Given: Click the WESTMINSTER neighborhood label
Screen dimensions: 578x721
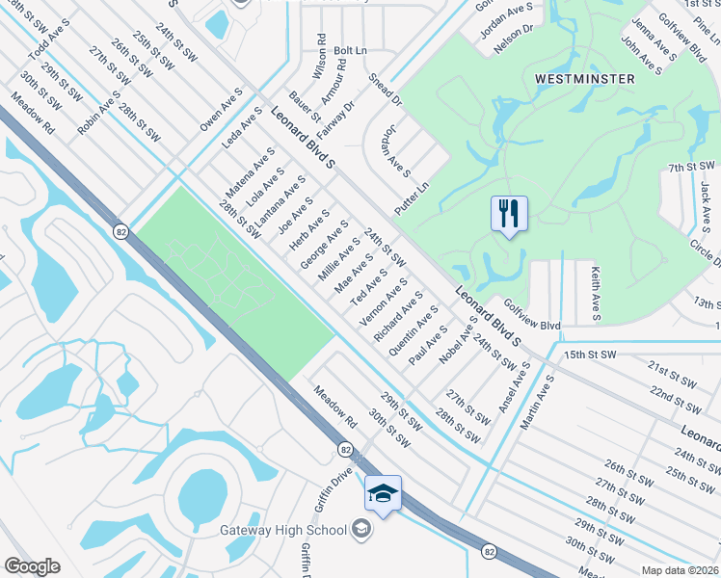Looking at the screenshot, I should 585,78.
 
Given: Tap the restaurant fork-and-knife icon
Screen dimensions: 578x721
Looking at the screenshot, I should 509,213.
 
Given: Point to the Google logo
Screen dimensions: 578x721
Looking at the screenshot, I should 32,566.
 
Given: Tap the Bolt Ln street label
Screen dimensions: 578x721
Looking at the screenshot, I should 351,49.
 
